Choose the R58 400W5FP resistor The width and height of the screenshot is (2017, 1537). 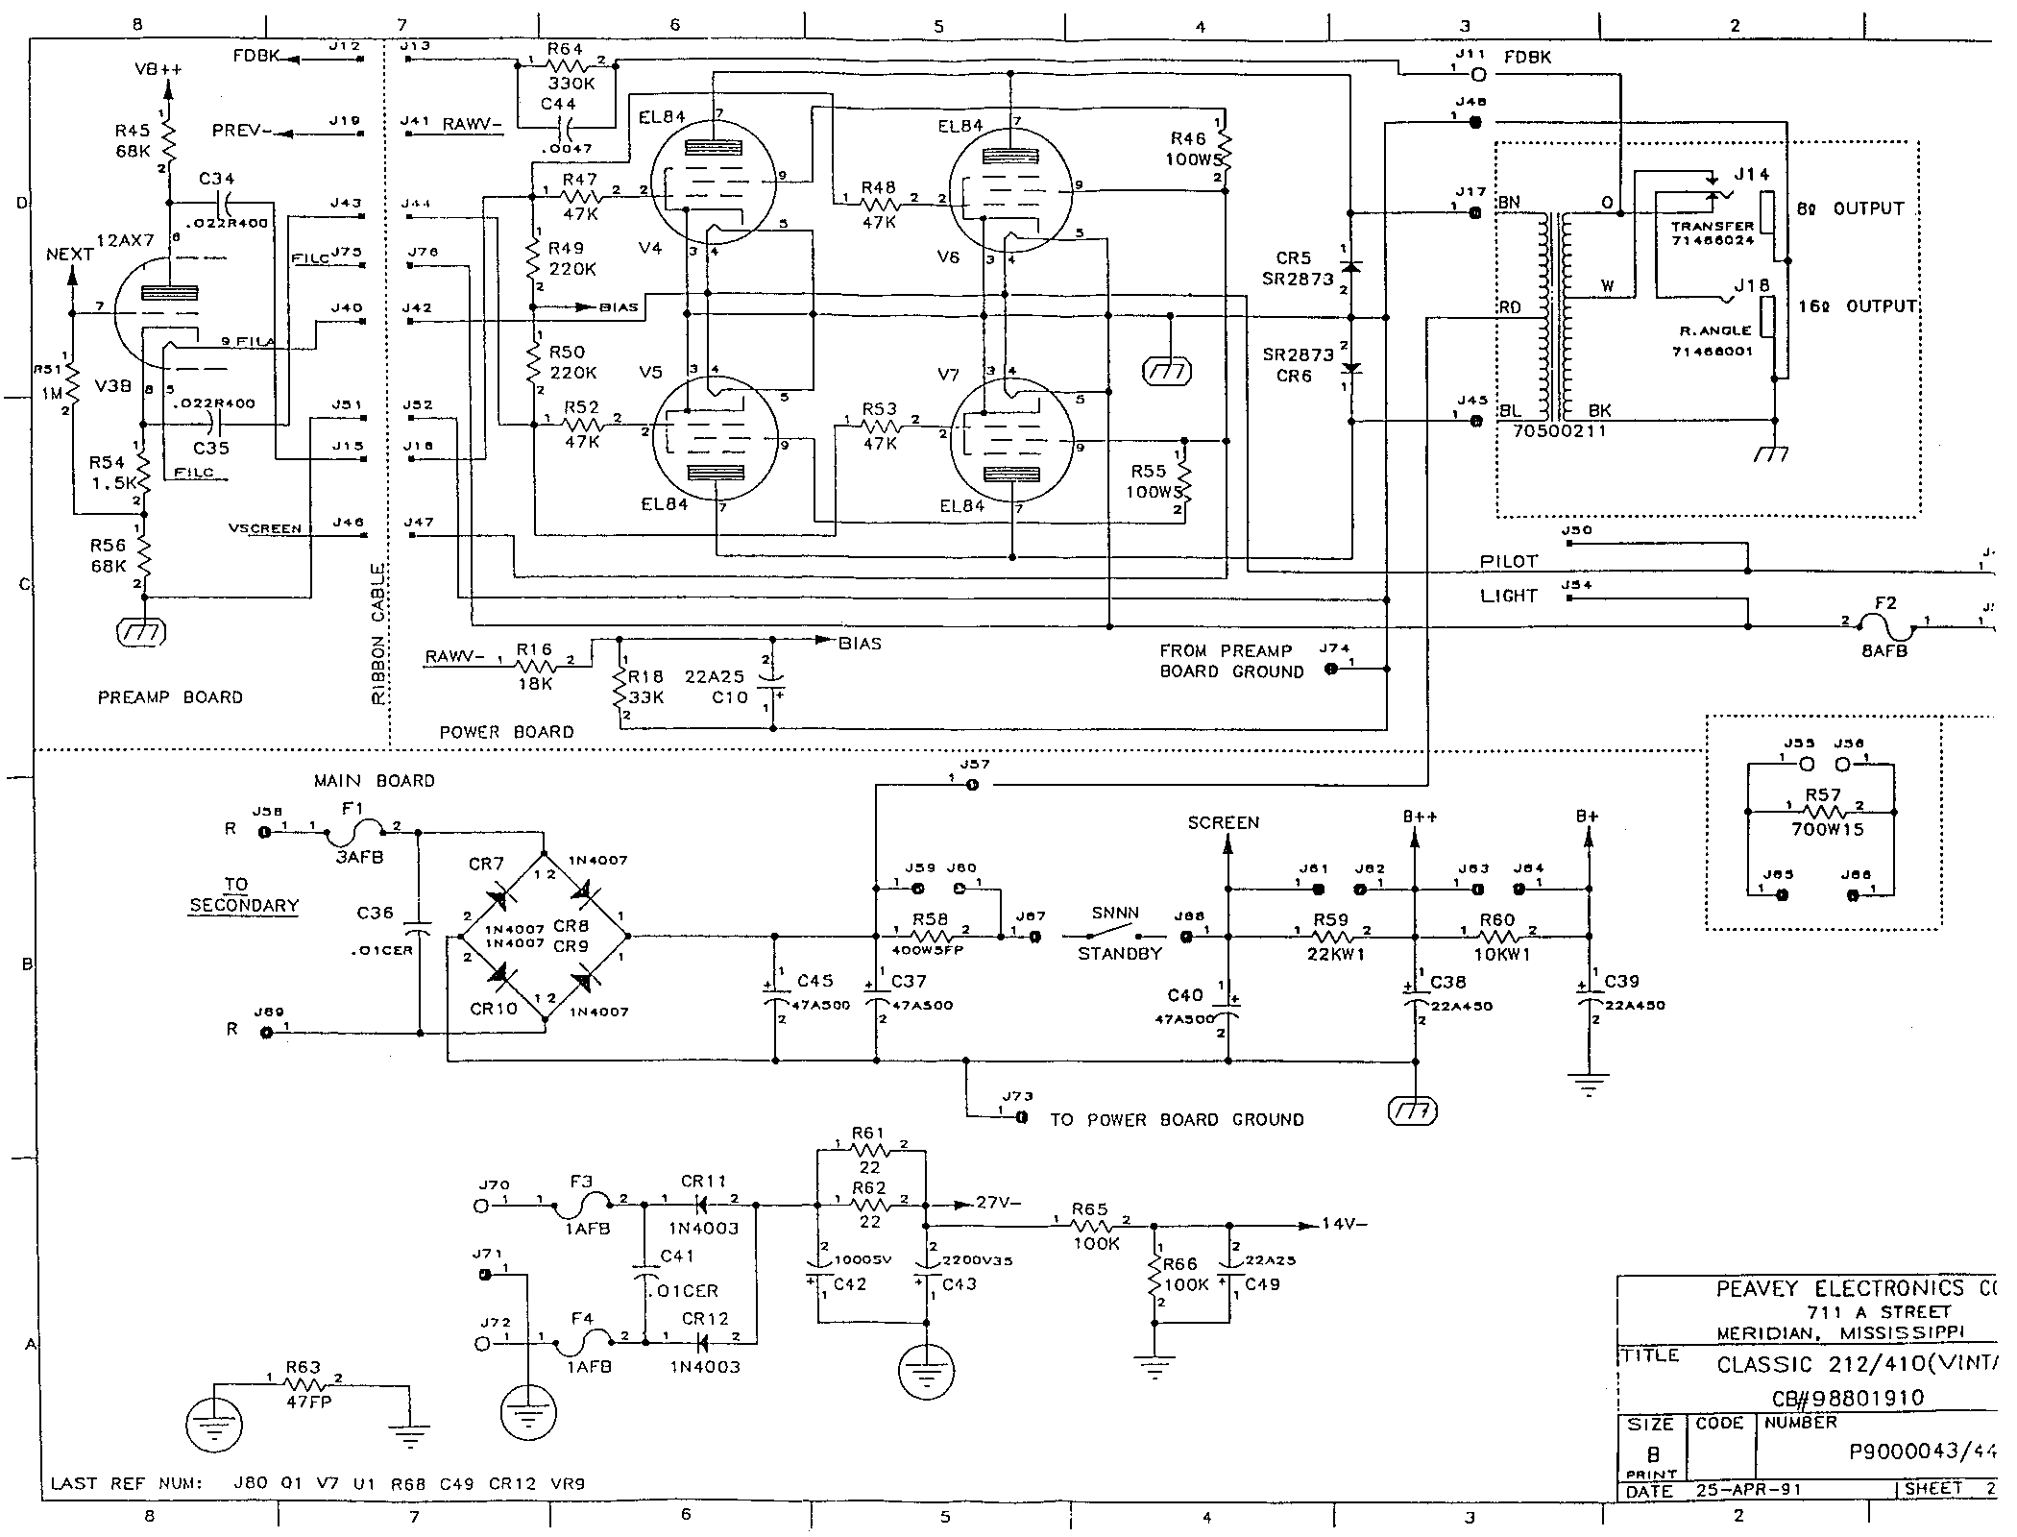[930, 935]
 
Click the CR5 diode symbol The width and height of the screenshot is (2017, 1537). [1350, 265]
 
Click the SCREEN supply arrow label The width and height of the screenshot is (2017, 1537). [1224, 823]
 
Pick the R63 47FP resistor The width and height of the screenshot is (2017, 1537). [306, 1384]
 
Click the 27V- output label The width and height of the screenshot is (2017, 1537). [999, 1203]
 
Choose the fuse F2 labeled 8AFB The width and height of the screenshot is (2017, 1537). [1884, 628]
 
